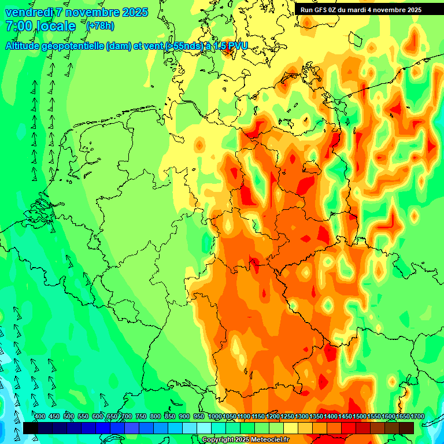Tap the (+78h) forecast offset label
(x=100, y=26)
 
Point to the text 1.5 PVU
(x=231, y=46)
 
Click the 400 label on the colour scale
(x=40, y=417)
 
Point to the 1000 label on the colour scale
(x=215, y=417)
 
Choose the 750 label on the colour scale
(x=141, y=417)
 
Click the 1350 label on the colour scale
(x=316, y=417)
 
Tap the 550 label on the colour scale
(x=83, y=417)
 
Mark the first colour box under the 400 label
(x=31, y=428)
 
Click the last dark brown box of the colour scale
(x=406, y=428)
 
